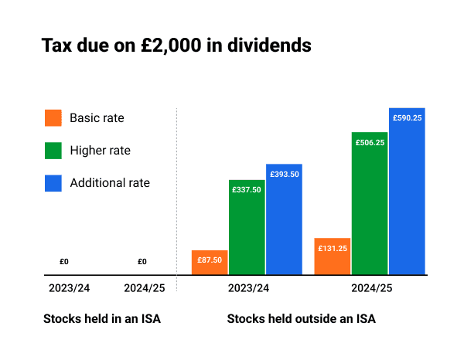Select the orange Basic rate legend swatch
[53, 118]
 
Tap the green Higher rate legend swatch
[53, 151]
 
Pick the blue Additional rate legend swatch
[53, 183]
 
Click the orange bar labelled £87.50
[210, 263]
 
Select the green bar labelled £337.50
[247, 228]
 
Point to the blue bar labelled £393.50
[284, 220]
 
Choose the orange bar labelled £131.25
[333, 256]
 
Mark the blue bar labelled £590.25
[407, 192]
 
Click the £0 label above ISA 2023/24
[64, 262]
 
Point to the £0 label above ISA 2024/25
[142, 262]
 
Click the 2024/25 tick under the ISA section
[145, 288]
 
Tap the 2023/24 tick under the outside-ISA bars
[248, 288]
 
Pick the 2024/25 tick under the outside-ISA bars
[372, 288]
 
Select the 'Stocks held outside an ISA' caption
[301, 318]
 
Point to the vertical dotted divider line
[177, 193]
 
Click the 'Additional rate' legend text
[110, 183]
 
